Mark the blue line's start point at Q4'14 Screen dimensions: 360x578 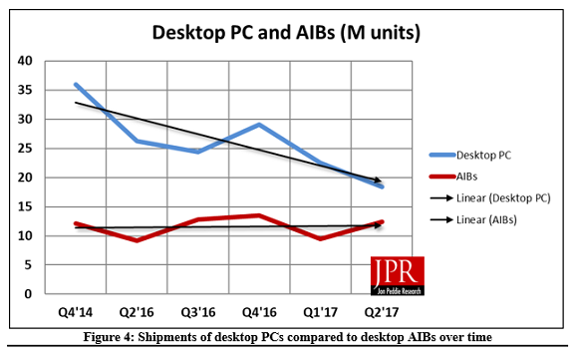75,85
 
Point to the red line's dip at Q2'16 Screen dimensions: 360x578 137,240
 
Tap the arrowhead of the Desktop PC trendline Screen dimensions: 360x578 381,181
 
